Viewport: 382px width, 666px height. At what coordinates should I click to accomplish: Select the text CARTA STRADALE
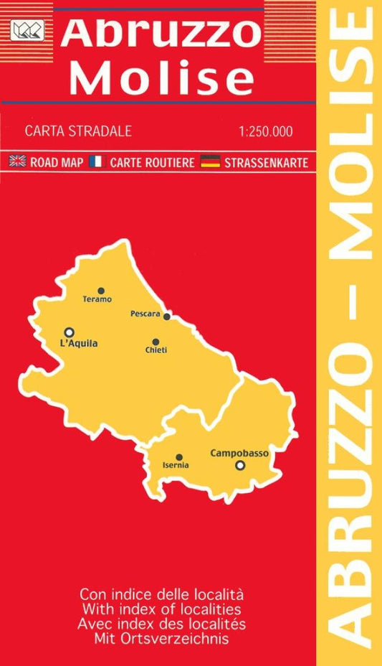coord(78,131)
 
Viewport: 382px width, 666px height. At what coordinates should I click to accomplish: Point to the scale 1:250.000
coord(268,131)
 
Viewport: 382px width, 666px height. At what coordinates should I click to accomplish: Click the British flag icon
coord(18,161)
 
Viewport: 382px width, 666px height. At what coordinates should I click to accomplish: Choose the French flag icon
coord(97,161)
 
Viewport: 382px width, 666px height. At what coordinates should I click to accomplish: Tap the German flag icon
coord(210,161)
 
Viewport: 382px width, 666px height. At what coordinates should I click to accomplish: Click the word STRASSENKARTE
coord(266,162)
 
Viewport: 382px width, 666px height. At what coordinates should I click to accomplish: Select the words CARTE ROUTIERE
coord(152,162)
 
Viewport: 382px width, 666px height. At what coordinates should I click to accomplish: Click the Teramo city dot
coord(101,290)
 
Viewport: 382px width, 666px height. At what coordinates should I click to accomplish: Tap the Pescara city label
coord(145,314)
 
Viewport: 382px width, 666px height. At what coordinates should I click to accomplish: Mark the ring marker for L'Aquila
coord(69,332)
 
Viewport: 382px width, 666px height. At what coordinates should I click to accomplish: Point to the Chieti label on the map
coord(156,350)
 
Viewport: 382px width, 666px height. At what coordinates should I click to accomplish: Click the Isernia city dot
coord(179,456)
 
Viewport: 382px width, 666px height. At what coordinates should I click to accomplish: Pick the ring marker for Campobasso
coord(240,465)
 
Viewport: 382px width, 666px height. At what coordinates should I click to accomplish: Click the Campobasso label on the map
coord(239,453)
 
